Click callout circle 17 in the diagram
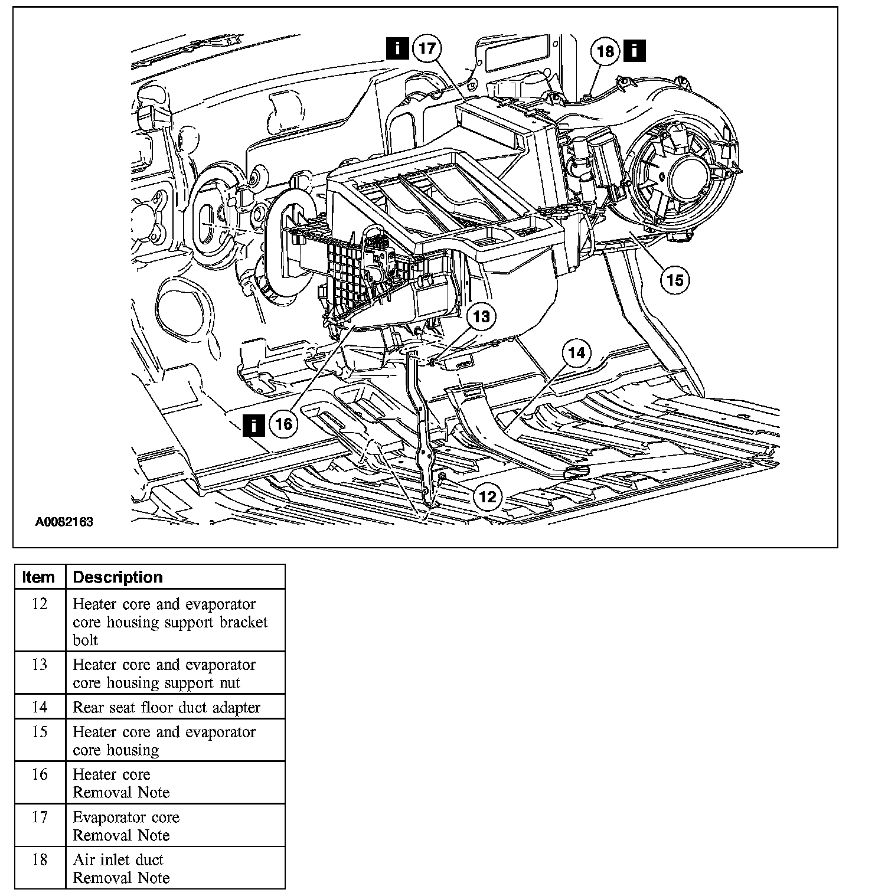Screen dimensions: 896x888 point(427,48)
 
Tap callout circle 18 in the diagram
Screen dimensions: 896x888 point(606,51)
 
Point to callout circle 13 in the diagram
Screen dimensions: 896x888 point(481,317)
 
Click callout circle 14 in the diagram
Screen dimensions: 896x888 point(576,353)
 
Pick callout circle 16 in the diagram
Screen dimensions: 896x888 point(284,424)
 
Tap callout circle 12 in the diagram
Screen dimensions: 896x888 point(488,496)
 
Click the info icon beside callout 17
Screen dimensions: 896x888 point(397,48)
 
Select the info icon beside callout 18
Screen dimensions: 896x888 point(634,51)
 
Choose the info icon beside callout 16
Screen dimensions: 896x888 point(253,424)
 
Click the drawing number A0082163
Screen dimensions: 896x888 point(64,522)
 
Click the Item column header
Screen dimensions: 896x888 point(39,577)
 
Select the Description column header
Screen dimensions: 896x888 point(117,577)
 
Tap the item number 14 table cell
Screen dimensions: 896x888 point(39,707)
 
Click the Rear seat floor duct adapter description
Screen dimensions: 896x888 point(166,707)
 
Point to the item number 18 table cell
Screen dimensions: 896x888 point(39,859)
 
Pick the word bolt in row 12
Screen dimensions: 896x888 point(86,640)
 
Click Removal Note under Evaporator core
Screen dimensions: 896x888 point(121,835)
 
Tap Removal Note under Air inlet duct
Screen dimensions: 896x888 point(121,878)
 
